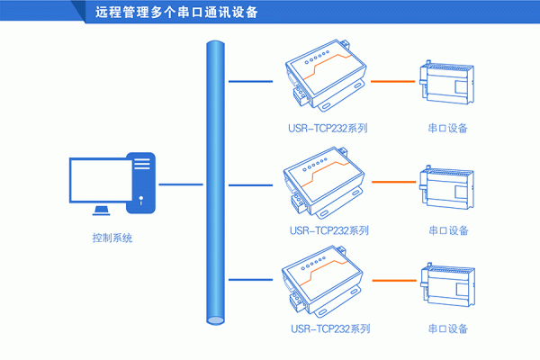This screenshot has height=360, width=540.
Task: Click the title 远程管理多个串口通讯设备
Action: click(175, 13)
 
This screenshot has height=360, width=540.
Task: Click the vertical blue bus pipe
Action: click(213, 180)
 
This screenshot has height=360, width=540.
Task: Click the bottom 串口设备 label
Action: click(447, 328)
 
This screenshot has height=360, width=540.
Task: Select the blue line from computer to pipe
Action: click(180, 184)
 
